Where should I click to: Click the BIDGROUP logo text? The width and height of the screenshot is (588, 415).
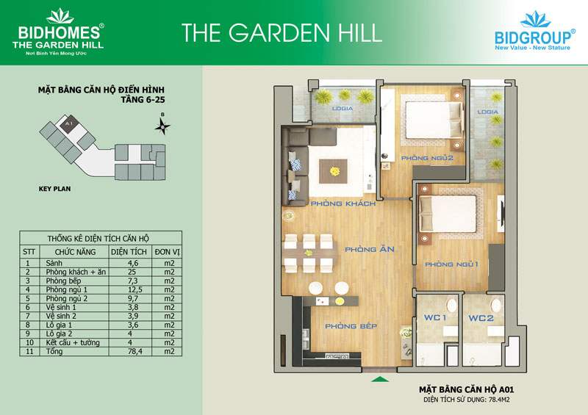[x=532, y=38]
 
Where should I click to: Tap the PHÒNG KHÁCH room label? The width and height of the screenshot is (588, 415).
[x=343, y=203]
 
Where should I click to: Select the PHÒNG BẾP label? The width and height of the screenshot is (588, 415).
[x=351, y=326]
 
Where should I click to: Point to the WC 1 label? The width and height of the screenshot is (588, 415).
[x=435, y=317]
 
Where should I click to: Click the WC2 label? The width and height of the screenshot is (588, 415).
[x=481, y=318]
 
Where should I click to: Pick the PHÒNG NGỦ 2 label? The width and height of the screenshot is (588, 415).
[x=427, y=158]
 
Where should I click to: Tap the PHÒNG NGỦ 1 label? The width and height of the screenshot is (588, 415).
[x=451, y=264]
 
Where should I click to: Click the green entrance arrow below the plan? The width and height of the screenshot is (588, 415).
[x=380, y=379]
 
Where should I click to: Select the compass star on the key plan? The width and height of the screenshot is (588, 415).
[x=162, y=126]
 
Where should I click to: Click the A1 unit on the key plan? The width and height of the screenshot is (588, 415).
[x=68, y=123]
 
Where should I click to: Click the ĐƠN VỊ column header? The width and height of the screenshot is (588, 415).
[x=168, y=252]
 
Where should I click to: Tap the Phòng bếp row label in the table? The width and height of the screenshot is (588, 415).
[x=63, y=281]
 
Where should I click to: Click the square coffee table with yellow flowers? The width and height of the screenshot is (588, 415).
[x=333, y=171]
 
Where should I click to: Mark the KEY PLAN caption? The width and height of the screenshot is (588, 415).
[x=54, y=189]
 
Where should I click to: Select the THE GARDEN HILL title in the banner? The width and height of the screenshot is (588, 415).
[x=282, y=32]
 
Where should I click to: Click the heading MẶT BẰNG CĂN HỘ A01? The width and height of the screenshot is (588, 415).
[x=467, y=390]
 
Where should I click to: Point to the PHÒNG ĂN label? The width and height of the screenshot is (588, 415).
[x=370, y=249]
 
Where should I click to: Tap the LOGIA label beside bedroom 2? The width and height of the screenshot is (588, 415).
[x=488, y=112]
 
